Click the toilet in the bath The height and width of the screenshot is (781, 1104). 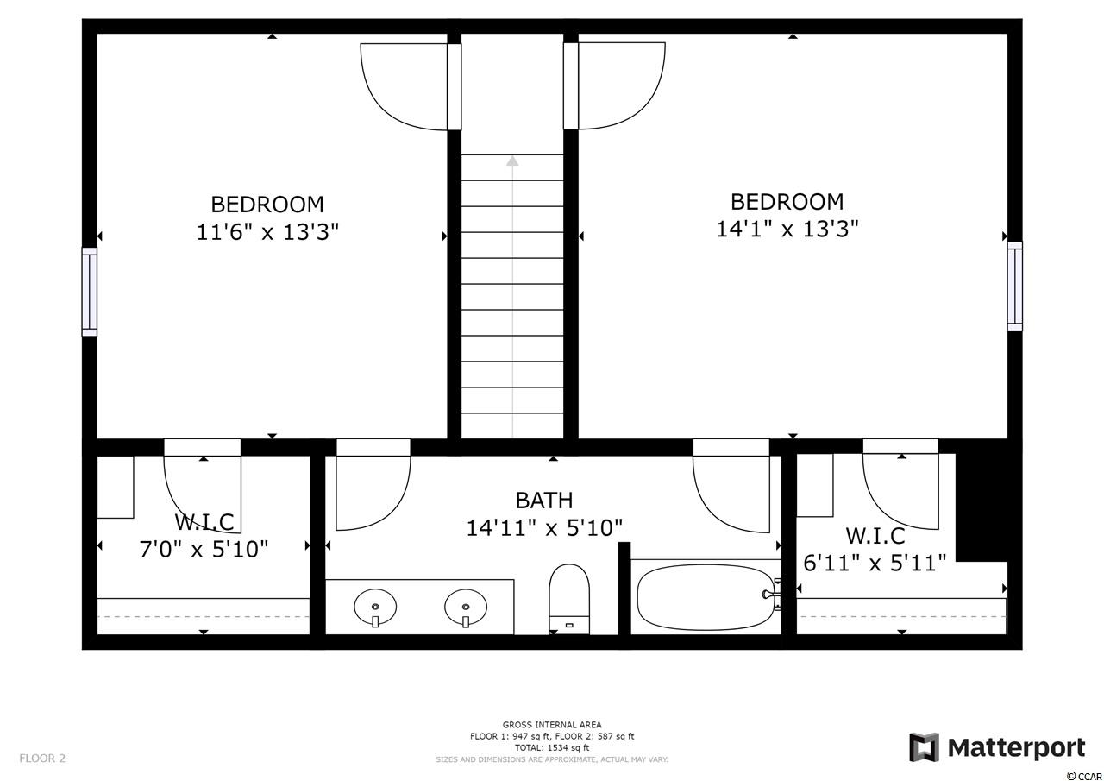tap(569, 599)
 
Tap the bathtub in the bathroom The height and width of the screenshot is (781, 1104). tap(706, 597)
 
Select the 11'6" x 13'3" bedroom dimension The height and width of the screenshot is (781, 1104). tap(267, 232)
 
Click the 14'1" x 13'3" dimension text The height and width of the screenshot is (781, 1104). tap(787, 230)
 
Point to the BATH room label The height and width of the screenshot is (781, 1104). tap(544, 501)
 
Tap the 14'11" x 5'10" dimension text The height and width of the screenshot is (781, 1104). tap(544, 528)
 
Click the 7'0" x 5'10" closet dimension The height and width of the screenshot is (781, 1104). tap(204, 549)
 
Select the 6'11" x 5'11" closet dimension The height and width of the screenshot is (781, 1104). tap(875, 563)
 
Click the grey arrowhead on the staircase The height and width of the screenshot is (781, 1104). tap(512, 161)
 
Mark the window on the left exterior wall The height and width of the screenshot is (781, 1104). tap(89, 292)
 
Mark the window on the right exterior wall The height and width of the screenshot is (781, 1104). tap(1015, 286)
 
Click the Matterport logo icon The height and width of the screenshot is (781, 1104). tap(924, 747)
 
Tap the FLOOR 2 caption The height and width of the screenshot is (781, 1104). tap(42, 759)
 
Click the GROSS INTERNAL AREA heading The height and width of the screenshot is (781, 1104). tap(552, 725)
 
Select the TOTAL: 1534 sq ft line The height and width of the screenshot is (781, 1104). tap(552, 748)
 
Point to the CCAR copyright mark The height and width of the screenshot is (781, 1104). tap(1084, 777)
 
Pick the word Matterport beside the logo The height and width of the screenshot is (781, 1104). tap(1017, 748)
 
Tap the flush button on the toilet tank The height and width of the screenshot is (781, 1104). tap(569, 625)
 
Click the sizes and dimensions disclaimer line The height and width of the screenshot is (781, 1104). tap(552, 759)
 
